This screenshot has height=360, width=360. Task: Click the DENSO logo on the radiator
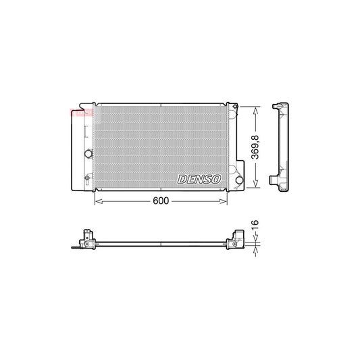(x=199, y=178)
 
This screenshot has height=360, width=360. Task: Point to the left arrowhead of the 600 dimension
(x=95, y=201)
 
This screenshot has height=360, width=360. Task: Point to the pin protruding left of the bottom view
(x=74, y=247)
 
